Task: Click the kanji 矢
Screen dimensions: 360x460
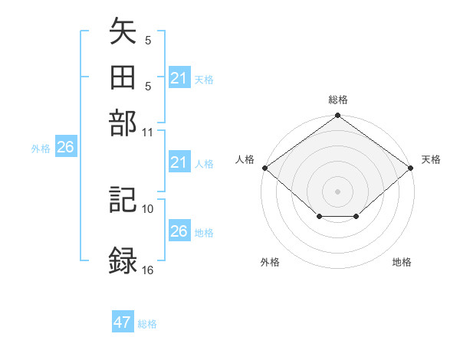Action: click(123, 35)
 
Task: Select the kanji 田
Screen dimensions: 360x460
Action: click(123, 79)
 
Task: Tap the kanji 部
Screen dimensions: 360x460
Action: click(123, 123)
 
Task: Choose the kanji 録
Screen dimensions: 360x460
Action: click(123, 259)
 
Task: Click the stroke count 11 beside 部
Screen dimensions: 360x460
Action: click(148, 132)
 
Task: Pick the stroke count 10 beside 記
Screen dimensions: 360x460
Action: click(148, 208)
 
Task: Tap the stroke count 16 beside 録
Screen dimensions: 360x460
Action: click(148, 270)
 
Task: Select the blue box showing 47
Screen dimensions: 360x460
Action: click(123, 322)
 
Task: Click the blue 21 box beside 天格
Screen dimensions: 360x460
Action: click(179, 78)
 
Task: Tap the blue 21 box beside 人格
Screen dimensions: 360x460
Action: click(179, 163)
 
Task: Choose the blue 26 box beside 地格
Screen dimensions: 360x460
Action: click(179, 231)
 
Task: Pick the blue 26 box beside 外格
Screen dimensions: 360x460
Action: click(65, 148)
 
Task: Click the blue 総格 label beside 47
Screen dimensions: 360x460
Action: click(147, 324)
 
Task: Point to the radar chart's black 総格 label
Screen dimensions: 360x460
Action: click(337, 100)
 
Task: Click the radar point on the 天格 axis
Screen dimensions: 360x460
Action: click(411, 168)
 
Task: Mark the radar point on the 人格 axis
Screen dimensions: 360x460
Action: click(264, 168)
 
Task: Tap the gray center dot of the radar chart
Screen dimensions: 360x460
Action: click(337, 191)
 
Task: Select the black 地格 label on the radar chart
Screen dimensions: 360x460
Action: click(402, 262)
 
